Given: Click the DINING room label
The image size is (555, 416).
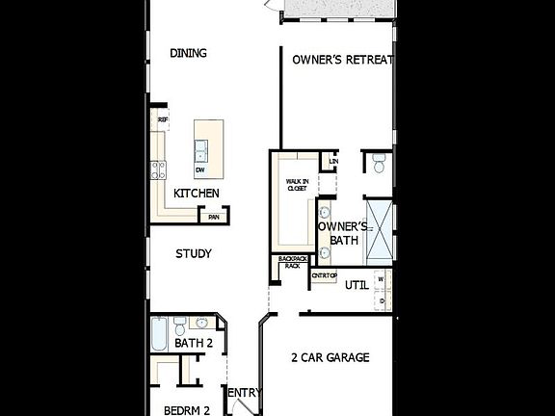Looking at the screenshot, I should coord(189,53).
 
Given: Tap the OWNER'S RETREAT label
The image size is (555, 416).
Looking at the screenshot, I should coord(344,60).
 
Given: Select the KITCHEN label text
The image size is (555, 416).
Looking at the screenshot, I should coord(196,194).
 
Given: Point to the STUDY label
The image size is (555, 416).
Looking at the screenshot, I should coord(193,253).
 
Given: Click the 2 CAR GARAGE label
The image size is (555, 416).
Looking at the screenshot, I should coord(330,357).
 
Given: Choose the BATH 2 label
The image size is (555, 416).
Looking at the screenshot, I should coord(194,343).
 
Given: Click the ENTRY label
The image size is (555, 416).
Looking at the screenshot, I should coord(244,392).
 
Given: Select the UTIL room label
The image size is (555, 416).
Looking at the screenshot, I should coord(357,284).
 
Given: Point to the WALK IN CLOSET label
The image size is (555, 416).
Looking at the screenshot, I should coord(297,184).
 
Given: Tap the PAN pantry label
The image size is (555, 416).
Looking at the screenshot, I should coord(213,218).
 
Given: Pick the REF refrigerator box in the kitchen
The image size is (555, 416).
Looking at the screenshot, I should coord(162,120).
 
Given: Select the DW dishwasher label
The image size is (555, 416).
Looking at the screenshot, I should coord(200,170).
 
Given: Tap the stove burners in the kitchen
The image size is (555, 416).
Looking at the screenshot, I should coord(158,170).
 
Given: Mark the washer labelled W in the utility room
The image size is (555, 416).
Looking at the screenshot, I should coord(382,280).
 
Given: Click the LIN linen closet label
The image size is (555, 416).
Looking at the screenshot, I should coord(333,161).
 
